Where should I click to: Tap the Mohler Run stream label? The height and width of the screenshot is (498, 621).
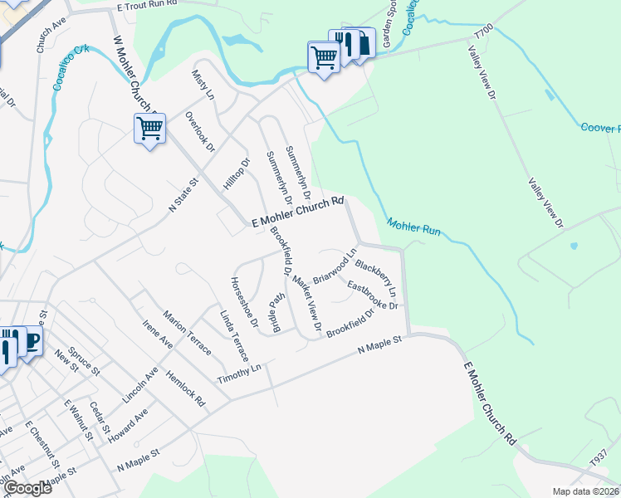(413, 225)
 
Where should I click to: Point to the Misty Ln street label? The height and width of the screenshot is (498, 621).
(203, 84)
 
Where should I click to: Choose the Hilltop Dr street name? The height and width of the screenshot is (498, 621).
(237, 174)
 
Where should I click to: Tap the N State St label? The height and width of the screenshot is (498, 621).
(184, 194)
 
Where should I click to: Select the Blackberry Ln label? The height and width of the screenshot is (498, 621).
(376, 280)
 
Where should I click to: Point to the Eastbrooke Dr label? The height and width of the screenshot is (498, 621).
(374, 295)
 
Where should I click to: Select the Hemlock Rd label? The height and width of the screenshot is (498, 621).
(186, 388)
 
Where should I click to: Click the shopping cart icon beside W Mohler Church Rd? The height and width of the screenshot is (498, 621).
(149, 128)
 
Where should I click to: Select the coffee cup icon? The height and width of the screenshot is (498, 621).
(31, 340)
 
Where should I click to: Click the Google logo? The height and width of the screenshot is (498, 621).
(27, 488)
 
